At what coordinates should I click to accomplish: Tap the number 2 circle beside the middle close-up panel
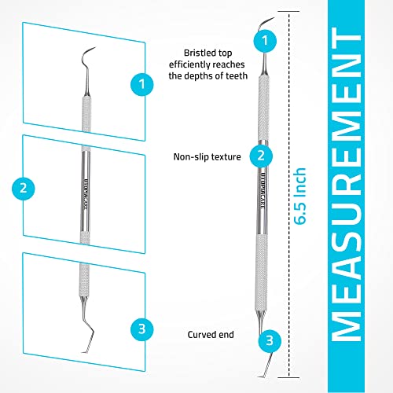[x=24, y=188]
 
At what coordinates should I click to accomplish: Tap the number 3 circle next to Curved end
[x=270, y=340]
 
